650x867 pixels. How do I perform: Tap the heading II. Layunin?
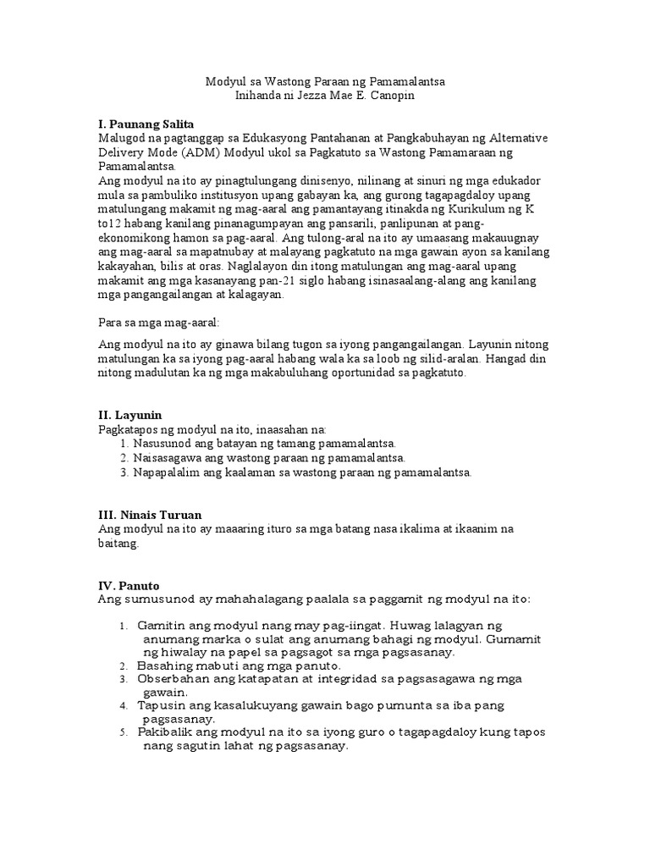pyautogui.click(x=130, y=415)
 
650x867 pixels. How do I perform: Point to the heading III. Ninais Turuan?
pyautogui.click(x=150, y=515)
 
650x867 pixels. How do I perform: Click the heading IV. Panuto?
pyautogui.click(x=129, y=585)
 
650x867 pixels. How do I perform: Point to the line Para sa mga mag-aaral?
pyautogui.click(x=158, y=323)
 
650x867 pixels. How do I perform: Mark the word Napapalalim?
pyautogui.click(x=168, y=472)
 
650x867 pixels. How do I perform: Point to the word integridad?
pyautogui.click(x=350, y=679)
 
